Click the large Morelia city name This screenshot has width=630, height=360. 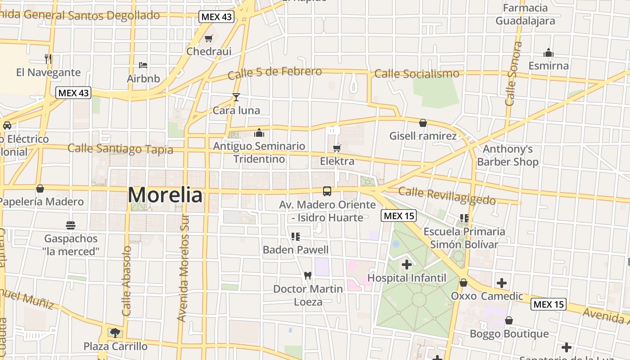click(165, 195)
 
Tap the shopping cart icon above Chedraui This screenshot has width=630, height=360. click(208, 39)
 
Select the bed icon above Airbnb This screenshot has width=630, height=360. click(143, 65)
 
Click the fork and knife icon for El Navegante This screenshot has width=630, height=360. click(49, 58)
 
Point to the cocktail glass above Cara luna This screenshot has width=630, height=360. click(236, 97)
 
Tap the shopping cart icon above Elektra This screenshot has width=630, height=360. click(337, 148)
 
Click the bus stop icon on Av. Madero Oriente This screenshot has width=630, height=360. click(327, 191)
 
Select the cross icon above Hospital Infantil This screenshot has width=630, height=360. click(407, 265)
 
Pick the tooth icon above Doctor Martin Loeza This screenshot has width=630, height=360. click(308, 275)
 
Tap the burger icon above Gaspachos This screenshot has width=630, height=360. click(71, 225)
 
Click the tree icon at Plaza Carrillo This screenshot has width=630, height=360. click(115, 333)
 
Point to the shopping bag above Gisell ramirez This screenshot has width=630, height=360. click(423, 123)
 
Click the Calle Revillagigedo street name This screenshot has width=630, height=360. click(447, 196)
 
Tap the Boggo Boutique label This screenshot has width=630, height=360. click(509, 334)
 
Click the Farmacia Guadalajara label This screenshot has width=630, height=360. click(525, 14)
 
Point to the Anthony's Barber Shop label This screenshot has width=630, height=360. click(508, 155)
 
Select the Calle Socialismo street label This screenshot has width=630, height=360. click(417, 73)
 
